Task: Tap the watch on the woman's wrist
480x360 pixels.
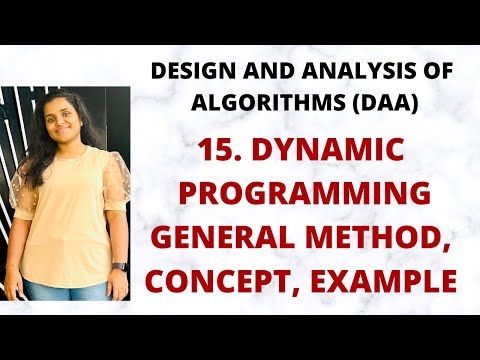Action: click(118, 268)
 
